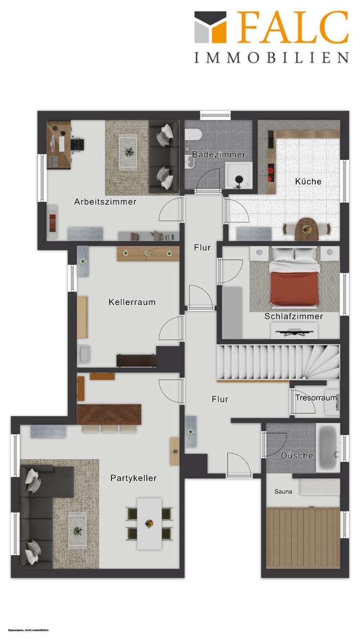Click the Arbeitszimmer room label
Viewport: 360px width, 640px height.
[105, 202]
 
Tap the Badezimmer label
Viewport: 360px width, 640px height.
[219, 155]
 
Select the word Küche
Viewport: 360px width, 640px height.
[308, 181]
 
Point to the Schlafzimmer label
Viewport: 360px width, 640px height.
[293, 316]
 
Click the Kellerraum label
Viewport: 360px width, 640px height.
[132, 302]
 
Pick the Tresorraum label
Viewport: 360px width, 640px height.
[316, 398]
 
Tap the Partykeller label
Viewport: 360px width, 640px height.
[133, 478]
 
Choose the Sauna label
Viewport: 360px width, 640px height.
[283, 492]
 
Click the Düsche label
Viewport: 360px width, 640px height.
[297, 456]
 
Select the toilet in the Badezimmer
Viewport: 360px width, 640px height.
[195, 134]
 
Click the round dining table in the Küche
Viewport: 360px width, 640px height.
[307, 229]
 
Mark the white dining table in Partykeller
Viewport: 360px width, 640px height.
[149, 523]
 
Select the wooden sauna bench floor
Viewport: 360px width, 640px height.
[303, 538]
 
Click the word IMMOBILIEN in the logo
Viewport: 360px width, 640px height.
[271, 58]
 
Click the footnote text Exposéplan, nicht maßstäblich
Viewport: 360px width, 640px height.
[29, 630]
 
